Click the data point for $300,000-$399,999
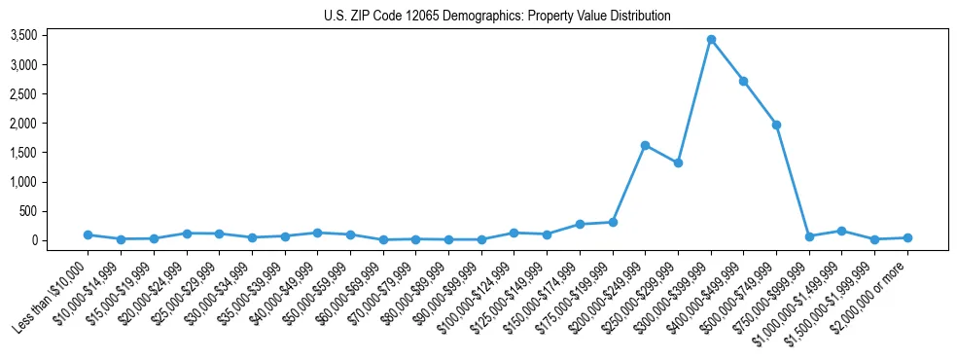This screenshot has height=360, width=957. [711, 40]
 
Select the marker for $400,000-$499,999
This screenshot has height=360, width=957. [743, 81]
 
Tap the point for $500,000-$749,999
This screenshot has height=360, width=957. [776, 125]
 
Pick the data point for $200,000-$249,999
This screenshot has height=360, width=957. [645, 145]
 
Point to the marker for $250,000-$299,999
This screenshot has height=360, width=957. [678, 162]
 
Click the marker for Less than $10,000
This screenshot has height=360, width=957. [88, 234]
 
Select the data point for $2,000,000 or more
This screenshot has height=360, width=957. [907, 237]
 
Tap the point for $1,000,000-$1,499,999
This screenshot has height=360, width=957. [841, 231]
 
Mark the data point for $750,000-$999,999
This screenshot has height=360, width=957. [809, 236]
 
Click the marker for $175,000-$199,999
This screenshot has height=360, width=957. [613, 222]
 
